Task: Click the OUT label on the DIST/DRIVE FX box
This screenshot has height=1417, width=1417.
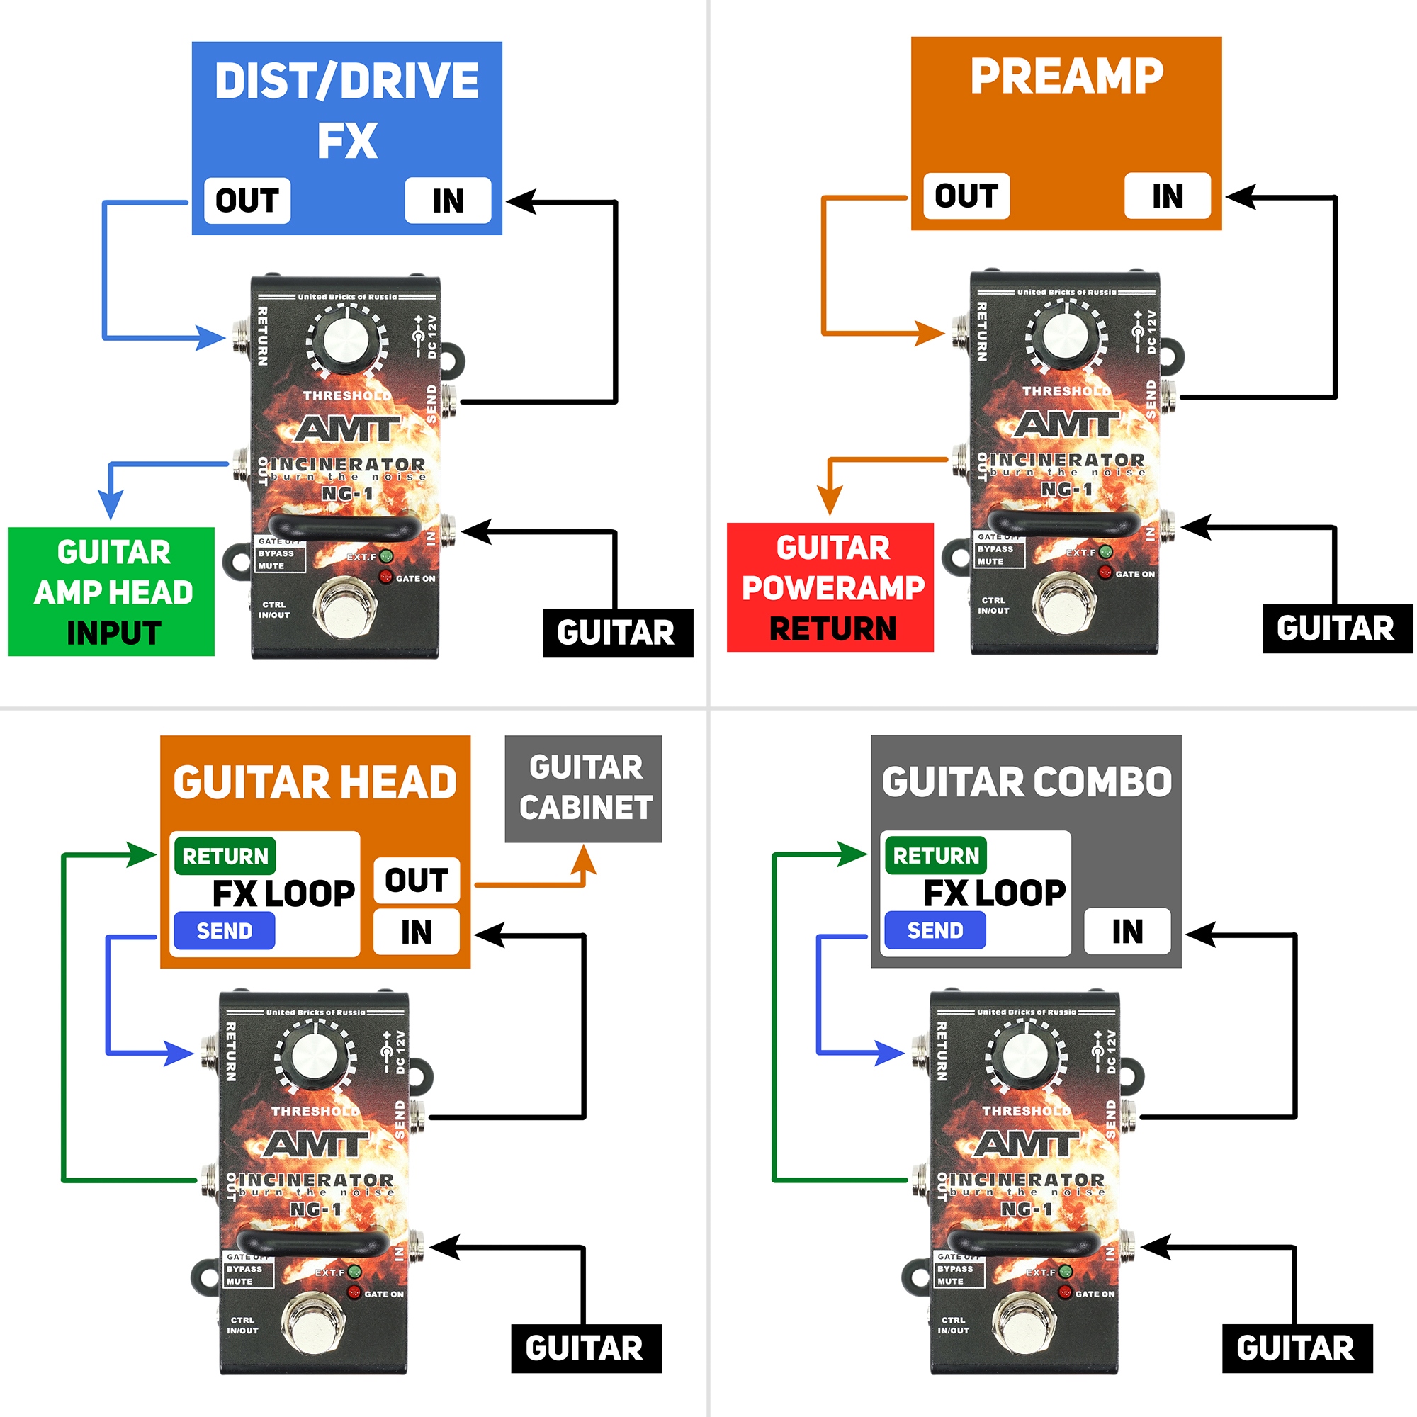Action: [x=247, y=201]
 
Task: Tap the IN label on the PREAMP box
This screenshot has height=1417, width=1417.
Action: [x=1167, y=196]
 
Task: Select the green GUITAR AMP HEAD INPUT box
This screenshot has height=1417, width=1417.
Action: [x=111, y=592]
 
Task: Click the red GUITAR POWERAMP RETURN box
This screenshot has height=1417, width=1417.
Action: [x=830, y=587]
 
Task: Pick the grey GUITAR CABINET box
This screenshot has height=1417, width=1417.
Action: [x=584, y=789]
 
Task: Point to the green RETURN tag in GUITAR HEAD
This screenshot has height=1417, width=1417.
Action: [x=225, y=856]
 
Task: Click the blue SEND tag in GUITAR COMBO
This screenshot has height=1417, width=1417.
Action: [x=935, y=931]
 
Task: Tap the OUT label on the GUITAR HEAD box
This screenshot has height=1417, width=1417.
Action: [x=417, y=880]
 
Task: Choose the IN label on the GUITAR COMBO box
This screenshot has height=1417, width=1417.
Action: [x=1127, y=932]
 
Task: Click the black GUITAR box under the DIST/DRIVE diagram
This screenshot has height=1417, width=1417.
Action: [x=617, y=632]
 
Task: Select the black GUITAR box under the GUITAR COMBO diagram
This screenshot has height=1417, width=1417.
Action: [x=1297, y=1348]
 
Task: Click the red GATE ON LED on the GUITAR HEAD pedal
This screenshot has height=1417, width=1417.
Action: [x=354, y=1292]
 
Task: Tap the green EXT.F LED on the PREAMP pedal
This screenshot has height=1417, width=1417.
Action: [x=1105, y=551]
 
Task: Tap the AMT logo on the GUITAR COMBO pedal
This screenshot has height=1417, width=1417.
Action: [x=1026, y=1144]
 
